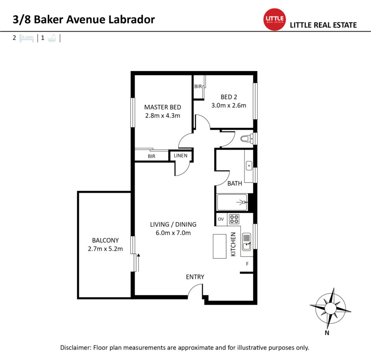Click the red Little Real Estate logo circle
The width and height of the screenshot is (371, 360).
pos(275,19)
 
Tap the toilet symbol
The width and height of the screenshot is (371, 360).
pos(247,138)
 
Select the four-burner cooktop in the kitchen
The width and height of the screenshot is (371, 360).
pos(234,219)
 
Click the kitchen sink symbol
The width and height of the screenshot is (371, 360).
pos(247,242)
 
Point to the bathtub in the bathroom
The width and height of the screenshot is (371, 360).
pos(232,202)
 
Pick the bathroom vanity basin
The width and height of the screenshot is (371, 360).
pos(249,165)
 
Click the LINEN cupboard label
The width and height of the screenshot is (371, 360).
pos(181,156)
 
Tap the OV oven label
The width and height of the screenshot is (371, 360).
pos(221,219)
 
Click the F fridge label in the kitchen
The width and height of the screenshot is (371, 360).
pos(247,264)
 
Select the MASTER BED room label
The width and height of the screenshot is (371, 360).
pos(163,107)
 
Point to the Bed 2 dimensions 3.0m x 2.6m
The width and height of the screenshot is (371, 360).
pos(229,105)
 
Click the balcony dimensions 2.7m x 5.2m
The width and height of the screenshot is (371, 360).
pos(105,249)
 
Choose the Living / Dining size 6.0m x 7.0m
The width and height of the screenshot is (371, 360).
pos(173,233)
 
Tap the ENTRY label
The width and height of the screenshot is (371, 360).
pos(195,277)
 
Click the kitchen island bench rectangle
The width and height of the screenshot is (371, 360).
pos(220,246)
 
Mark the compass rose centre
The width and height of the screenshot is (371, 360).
pos(330,308)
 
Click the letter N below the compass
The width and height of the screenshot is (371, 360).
pos(327,333)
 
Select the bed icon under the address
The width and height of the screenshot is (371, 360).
pos(26,38)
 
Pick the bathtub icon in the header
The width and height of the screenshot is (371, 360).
pos(52,38)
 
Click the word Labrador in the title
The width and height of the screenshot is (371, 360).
pos(132,19)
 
